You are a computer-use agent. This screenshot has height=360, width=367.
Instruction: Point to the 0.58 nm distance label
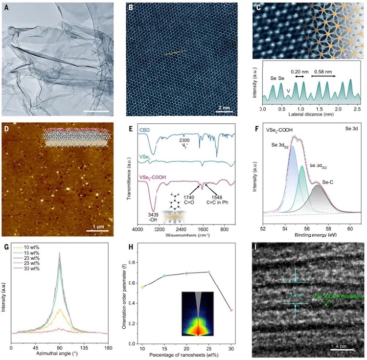click(x=323, y=71)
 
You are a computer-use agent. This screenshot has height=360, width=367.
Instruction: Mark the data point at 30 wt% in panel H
click(x=231, y=310)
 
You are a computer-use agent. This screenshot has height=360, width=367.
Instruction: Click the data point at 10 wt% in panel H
click(x=142, y=287)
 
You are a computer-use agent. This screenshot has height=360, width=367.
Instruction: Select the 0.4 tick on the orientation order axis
click(x=138, y=303)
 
